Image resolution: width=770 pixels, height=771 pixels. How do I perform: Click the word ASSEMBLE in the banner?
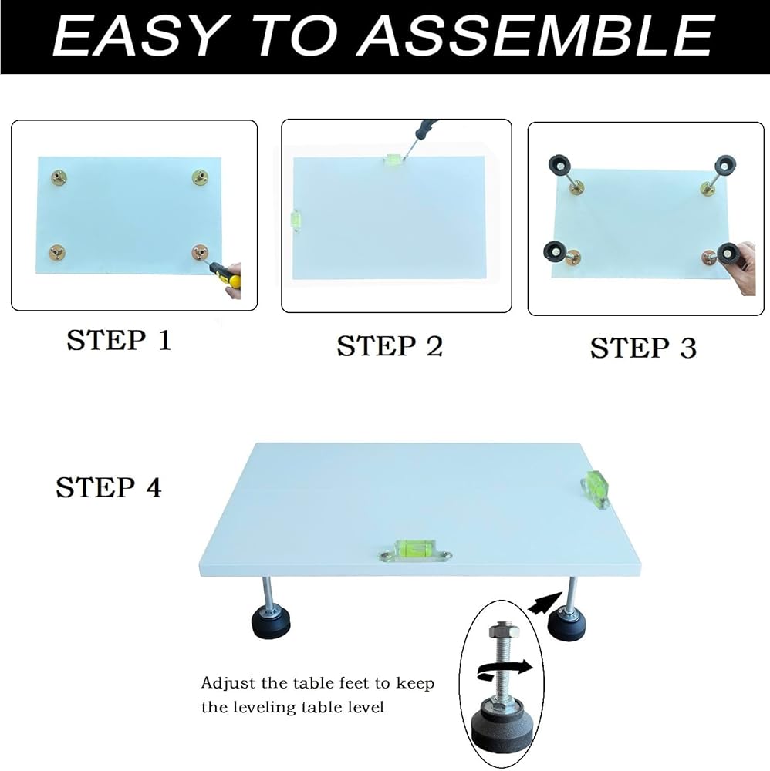pos(535,35)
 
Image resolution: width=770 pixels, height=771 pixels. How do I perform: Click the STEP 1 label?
pos(119,340)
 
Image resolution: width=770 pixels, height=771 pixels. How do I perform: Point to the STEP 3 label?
pos(643,348)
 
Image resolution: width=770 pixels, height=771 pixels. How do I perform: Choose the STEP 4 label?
pos(109,487)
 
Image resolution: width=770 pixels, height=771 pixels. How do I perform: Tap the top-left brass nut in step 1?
pos(59,177)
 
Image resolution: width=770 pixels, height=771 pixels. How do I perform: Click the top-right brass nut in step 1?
pos(200,177)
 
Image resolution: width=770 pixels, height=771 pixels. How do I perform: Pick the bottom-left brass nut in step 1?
pos(58,253)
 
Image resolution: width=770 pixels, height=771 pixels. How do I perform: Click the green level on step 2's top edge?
pos(393,159)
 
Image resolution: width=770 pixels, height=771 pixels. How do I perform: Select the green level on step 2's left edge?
pos(296,221)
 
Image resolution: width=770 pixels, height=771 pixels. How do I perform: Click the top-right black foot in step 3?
pos(726,166)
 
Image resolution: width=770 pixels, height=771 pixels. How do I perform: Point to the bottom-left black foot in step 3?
pos(555,252)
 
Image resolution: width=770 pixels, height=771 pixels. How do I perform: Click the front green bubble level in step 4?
pos(416,550)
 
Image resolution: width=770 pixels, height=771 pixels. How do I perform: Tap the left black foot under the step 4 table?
pos(271,621)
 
